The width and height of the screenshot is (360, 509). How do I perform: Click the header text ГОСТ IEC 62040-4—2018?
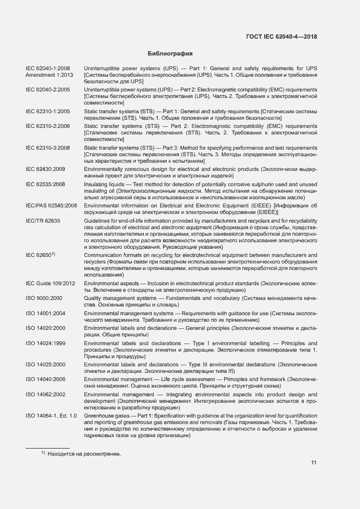click(282, 36)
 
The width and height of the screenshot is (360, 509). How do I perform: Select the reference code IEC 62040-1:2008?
click(48, 68)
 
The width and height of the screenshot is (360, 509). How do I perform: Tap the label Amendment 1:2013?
click(50, 75)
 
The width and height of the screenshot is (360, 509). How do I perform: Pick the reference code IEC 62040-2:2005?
click(48, 89)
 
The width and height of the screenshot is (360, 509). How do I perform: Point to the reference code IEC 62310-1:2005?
click(48, 111)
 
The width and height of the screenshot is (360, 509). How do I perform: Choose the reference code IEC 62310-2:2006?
click(48, 126)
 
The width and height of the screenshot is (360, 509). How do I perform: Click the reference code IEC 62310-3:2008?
click(48, 148)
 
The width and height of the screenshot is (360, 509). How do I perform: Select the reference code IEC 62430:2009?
click(45, 169)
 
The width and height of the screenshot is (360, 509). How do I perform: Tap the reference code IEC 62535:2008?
click(45, 185)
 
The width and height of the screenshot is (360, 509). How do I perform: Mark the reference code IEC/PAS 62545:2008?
click(51, 206)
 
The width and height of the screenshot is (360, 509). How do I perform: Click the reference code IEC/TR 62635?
click(42, 220)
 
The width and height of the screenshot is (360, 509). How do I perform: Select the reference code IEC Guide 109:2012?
click(50, 283)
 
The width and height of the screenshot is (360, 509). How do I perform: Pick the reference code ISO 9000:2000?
click(44, 298)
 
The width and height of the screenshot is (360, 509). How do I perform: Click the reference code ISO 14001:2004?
click(46, 313)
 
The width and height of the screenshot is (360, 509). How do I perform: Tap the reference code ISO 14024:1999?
click(46, 343)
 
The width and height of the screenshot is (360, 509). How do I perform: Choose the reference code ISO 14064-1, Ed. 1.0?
click(51, 415)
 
